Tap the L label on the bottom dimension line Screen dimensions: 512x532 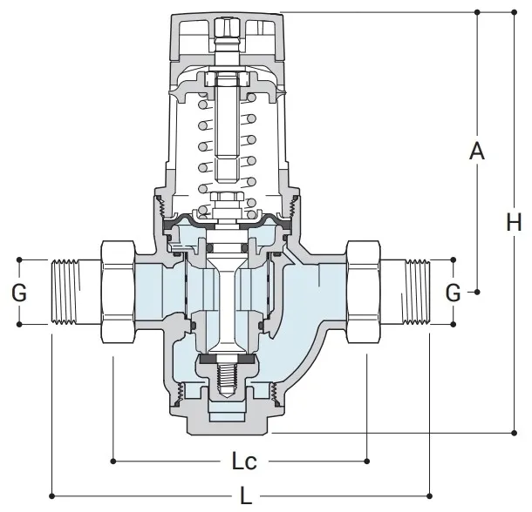pos(248,495)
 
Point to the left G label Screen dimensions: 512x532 pos(18,293)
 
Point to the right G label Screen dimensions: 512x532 pos(454,293)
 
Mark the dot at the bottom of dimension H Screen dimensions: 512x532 pos(514,431)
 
